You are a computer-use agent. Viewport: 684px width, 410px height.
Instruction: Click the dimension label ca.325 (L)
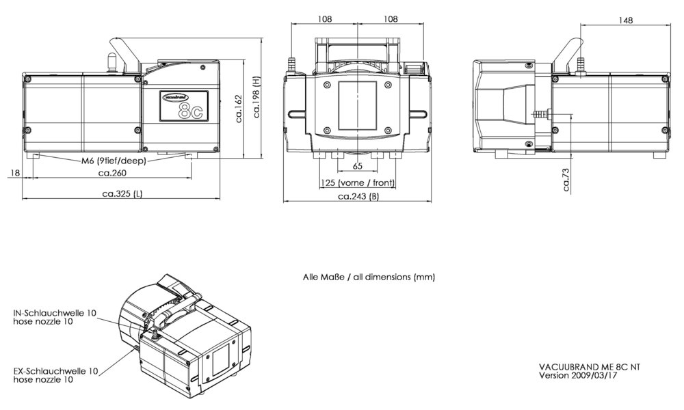point(122,194)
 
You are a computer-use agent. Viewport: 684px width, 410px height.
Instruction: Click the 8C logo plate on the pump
point(183,106)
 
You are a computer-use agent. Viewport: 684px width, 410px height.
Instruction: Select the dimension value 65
point(358,167)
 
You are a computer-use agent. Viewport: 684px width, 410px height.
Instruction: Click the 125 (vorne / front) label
point(357,183)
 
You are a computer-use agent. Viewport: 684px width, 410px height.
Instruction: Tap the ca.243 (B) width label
point(358,197)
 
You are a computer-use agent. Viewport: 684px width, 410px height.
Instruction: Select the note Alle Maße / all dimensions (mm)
point(369,277)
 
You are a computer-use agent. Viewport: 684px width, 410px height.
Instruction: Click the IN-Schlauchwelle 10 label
point(55,313)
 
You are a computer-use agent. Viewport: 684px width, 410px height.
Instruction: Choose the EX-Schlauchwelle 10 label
point(55,371)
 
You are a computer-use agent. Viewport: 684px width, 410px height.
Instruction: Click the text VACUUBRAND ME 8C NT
point(590,366)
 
